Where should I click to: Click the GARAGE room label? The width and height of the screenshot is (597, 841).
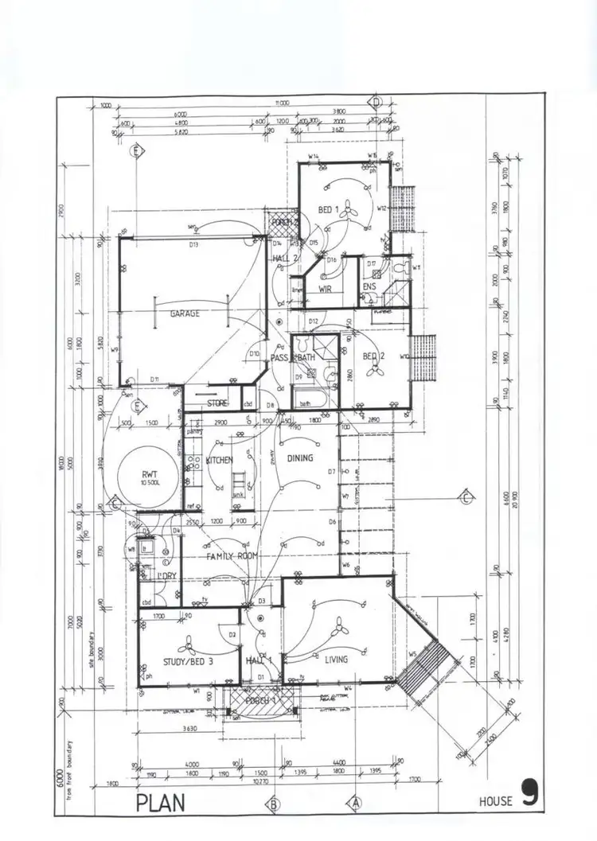coord(184,313)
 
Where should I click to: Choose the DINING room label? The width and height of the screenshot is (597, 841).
coord(300,458)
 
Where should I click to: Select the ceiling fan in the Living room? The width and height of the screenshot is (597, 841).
coord(341,629)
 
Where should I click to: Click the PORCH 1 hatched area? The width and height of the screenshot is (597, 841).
coord(262,701)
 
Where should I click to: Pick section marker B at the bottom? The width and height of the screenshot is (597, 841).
coord(273,804)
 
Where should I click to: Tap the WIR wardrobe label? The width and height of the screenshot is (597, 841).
coord(325,290)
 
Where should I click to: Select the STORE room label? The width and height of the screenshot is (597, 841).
coord(217,403)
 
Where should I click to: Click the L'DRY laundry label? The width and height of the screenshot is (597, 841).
coord(166,575)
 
